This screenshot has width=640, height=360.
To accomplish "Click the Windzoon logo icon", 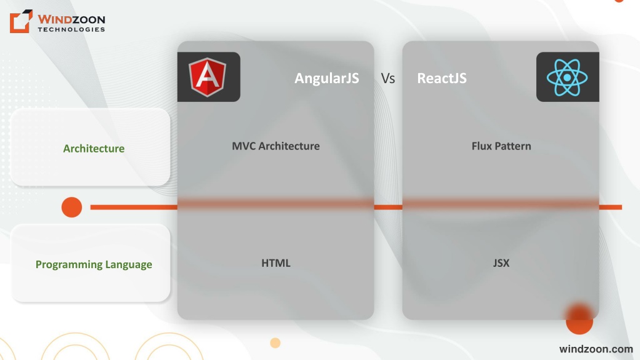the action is [x=21, y=21].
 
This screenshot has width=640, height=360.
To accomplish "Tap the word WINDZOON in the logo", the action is [x=71, y=19].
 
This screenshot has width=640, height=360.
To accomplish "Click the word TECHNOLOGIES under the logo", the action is [x=71, y=29].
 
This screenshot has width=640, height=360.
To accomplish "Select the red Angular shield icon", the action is [x=207, y=77].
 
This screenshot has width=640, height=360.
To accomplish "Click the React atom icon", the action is [x=567, y=77].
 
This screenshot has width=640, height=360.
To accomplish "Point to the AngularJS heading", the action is [x=327, y=78].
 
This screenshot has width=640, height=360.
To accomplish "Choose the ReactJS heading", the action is [x=442, y=78].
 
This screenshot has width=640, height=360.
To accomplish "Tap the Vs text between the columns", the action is [x=387, y=78].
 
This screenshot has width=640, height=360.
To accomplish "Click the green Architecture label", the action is [x=94, y=149].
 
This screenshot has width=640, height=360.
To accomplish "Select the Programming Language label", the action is [x=94, y=264].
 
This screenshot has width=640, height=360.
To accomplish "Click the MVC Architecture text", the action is [x=276, y=146].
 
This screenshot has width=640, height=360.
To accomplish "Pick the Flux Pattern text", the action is [x=501, y=146].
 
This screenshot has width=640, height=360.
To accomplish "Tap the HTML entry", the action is [x=276, y=263].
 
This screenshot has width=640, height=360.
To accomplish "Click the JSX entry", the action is [x=501, y=263].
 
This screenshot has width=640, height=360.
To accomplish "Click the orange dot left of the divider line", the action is [x=72, y=207].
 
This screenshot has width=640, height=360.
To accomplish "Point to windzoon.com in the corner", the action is [x=596, y=349].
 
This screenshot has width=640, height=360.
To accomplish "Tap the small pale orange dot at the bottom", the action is [x=276, y=343].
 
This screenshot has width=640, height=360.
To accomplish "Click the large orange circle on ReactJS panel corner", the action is [x=579, y=319].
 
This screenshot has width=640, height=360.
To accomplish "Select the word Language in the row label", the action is [x=129, y=264].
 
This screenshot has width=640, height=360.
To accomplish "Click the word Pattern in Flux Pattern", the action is [x=514, y=146].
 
